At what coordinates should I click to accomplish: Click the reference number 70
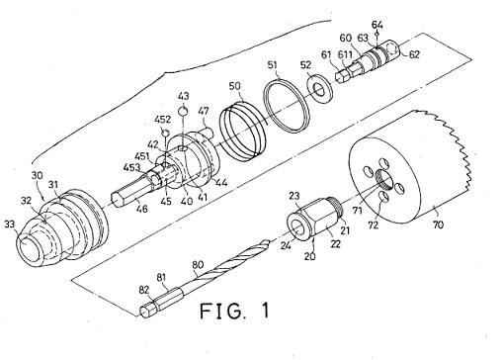click(438, 225)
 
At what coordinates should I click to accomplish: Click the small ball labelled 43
click(183, 112)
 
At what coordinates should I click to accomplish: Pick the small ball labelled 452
click(166, 133)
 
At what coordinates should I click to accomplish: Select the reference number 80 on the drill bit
click(198, 265)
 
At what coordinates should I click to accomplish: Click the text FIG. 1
click(234, 311)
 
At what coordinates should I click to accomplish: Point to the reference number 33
click(10, 225)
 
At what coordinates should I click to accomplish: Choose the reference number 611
click(346, 53)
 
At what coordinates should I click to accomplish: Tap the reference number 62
click(414, 54)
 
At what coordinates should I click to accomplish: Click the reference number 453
click(131, 168)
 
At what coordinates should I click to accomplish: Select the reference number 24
click(286, 244)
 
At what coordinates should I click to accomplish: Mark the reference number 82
click(144, 291)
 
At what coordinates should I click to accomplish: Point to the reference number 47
click(204, 111)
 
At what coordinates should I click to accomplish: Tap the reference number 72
click(374, 225)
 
